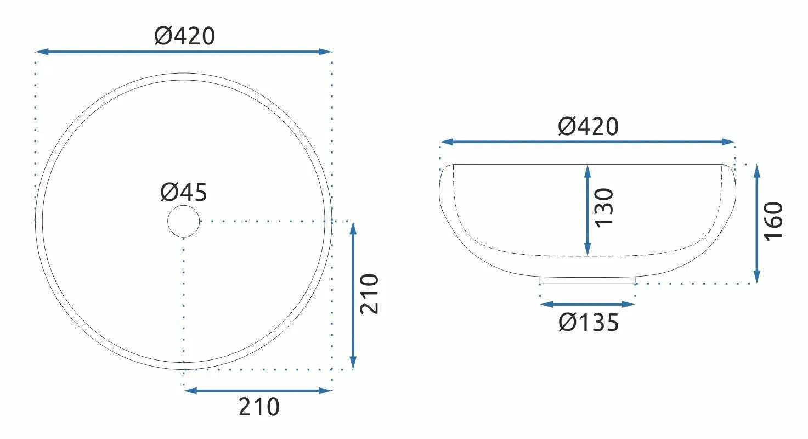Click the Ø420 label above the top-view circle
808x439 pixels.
pyautogui.click(x=185, y=36)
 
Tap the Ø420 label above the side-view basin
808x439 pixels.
pyautogui.click(x=589, y=127)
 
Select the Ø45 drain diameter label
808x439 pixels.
pyautogui.click(x=184, y=192)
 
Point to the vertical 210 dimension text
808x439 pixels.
pyautogui.click(x=369, y=294)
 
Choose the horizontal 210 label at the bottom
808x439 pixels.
pyautogui.click(x=259, y=407)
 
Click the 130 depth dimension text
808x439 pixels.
pyautogui.click(x=603, y=208)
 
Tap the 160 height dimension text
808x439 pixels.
pyautogui.click(x=773, y=222)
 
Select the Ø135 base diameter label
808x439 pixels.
pyautogui.click(x=589, y=323)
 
